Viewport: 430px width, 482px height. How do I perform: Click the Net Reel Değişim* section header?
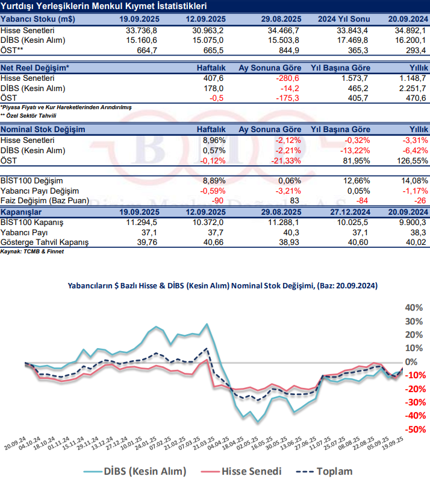35,68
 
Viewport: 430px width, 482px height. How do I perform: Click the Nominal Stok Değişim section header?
43,129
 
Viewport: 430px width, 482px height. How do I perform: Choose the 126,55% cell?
411,160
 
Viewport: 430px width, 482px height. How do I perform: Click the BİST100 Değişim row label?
32,180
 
